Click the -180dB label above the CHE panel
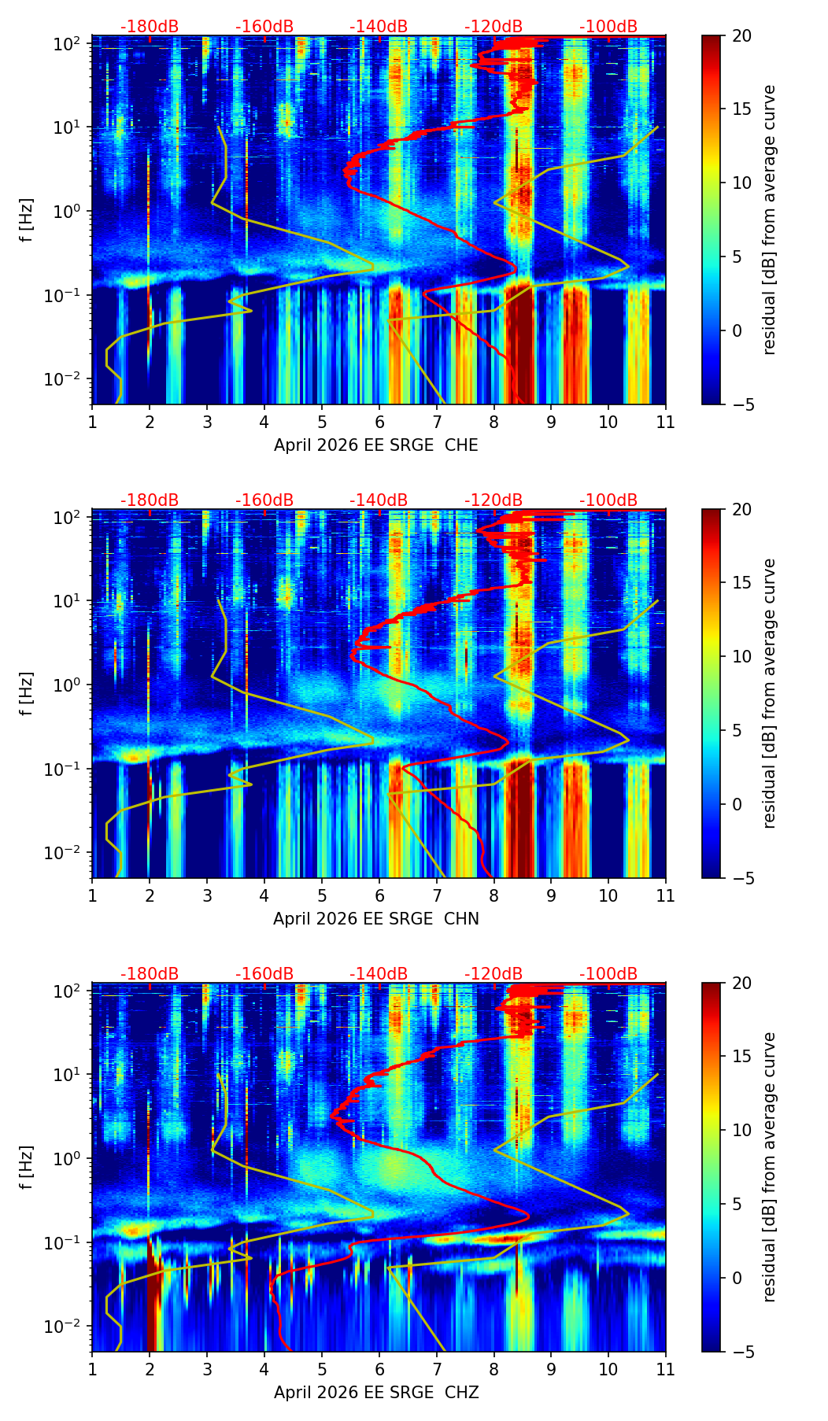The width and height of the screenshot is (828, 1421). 150,27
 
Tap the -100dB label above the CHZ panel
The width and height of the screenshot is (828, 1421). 608,974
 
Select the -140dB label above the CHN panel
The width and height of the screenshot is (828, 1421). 379,500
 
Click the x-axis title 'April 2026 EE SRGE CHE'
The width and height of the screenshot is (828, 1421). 376,445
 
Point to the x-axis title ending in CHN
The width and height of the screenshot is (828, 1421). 376,919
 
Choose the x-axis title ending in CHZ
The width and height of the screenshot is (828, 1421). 376,1393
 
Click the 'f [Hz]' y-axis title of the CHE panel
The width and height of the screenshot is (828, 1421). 27,220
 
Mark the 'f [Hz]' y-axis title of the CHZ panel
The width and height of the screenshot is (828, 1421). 27,1168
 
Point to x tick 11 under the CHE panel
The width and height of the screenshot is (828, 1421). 666,422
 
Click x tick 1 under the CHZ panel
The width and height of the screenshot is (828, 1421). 92,1369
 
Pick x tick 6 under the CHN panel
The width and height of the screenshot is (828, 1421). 379,895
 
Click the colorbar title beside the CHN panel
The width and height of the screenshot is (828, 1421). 770,693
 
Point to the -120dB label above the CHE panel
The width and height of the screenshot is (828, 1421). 493,27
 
